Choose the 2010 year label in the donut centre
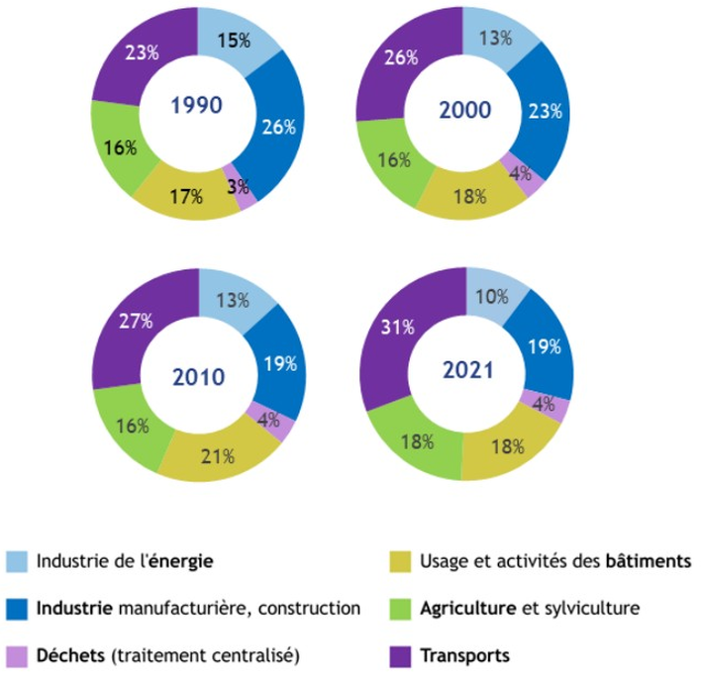click(x=198, y=377)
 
